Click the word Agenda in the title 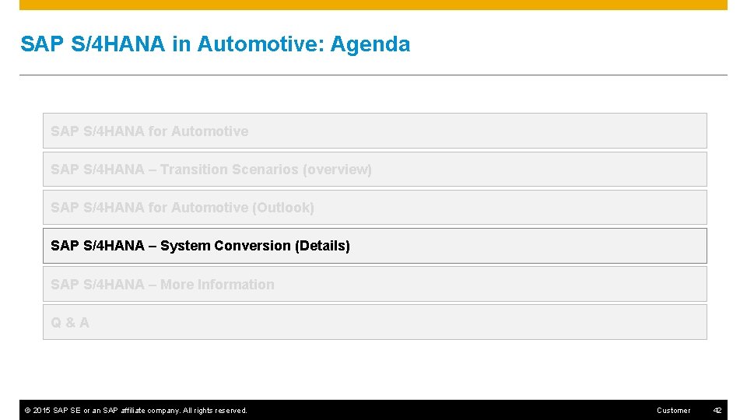click(x=370, y=44)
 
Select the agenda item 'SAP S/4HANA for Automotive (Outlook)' click(x=374, y=208)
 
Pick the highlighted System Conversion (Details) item click(x=374, y=246)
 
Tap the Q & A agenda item click(x=374, y=322)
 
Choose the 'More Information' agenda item click(x=374, y=285)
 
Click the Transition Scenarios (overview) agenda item click(x=374, y=170)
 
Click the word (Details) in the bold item click(x=322, y=246)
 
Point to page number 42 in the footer click(x=717, y=410)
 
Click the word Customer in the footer click(x=673, y=410)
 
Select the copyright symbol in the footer click(x=27, y=410)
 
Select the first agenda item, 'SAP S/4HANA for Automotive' click(x=374, y=131)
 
